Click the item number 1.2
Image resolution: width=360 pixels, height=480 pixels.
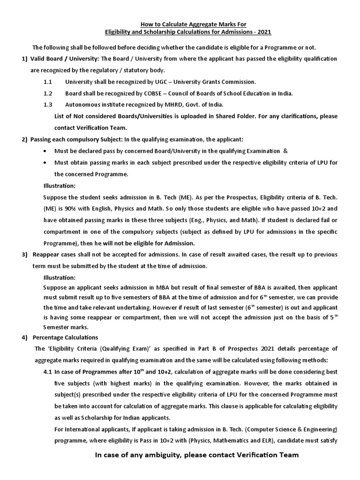pos(47,93)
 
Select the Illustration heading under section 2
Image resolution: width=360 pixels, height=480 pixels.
pos(59,186)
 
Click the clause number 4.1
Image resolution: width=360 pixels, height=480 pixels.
pos(48,372)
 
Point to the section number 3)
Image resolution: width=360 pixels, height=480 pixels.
pos(24,255)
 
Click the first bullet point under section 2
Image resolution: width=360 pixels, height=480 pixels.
pos(45,151)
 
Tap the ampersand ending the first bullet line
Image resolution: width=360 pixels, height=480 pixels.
pos(285,151)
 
